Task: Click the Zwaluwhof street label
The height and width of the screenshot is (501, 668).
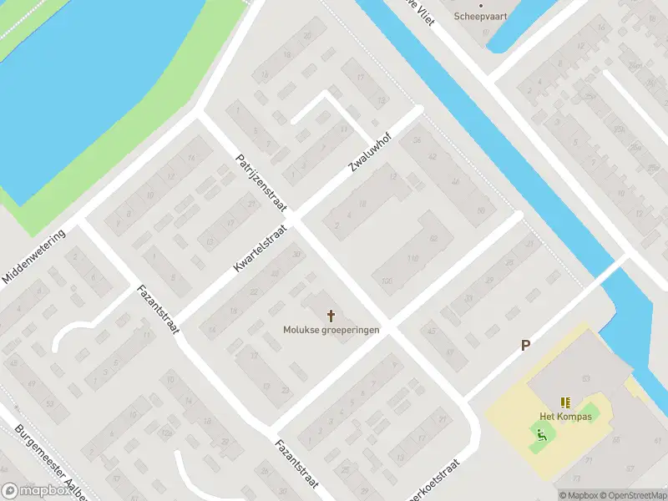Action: coord(372,151)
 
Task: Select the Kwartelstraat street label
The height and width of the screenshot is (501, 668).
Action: coord(261,248)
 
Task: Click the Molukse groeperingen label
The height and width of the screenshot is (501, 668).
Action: coord(331,330)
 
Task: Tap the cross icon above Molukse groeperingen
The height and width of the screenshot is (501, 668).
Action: coord(331,316)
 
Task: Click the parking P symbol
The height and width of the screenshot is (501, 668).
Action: coord(526,345)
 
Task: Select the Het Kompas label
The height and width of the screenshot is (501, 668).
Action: coord(565,417)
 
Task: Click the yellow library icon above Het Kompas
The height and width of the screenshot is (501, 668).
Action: coord(565,402)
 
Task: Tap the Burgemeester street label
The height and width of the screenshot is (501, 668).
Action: coord(51,464)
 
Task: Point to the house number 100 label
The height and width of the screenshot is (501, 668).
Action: coord(386,281)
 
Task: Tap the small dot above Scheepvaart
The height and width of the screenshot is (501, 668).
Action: coord(480,4)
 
